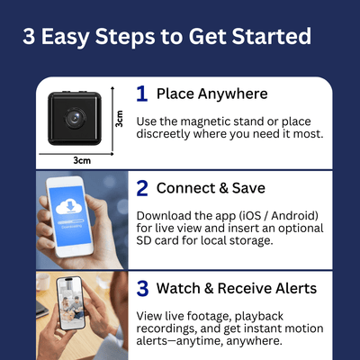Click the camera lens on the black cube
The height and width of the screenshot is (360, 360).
pyautogui.click(x=74, y=118)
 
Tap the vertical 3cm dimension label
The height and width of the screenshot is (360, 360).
pyautogui.click(x=120, y=119)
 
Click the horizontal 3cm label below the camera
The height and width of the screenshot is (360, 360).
pyautogui.click(x=82, y=160)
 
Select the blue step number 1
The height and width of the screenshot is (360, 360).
pyautogui.click(x=142, y=94)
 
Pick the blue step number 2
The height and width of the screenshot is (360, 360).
pyautogui.click(x=142, y=188)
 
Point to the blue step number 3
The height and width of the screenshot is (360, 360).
pyautogui.click(x=142, y=288)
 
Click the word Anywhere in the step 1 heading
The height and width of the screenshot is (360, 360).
pyautogui.click(x=232, y=94)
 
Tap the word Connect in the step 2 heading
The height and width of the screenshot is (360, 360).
pyautogui.click(x=185, y=188)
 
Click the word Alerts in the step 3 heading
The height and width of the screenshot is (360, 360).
pyautogui.click(x=296, y=288)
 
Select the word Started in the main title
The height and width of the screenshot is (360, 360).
pyautogui.click(x=272, y=36)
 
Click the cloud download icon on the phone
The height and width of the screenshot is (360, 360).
pyautogui.click(x=70, y=207)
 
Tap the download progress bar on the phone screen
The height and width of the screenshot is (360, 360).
pyautogui.click(x=71, y=221)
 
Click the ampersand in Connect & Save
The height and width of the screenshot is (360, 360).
pyautogui.click(x=223, y=188)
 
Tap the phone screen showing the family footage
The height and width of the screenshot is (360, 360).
pyautogui.click(x=71, y=302)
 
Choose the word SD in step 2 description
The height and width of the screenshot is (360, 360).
pyautogui.click(x=143, y=240)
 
